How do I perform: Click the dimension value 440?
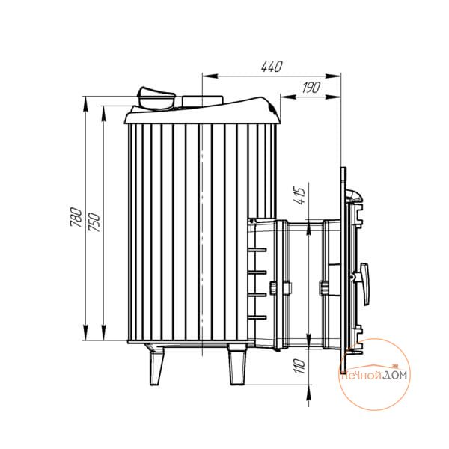point(272,67)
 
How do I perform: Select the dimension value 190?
point(311,88)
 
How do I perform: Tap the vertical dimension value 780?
point(76,217)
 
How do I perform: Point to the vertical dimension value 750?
point(94,222)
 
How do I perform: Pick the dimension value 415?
point(300,195)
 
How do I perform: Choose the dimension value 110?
point(300,366)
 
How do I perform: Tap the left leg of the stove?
point(156,365)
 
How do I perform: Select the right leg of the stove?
point(236,364)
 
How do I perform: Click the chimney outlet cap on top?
point(156,99)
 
